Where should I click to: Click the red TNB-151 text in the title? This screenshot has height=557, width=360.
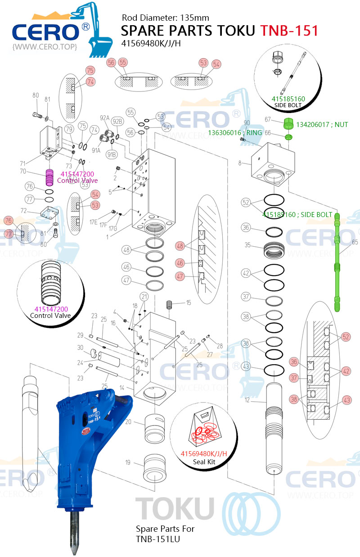(x=289, y=31)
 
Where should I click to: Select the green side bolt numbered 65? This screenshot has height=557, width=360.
(x=337, y=261)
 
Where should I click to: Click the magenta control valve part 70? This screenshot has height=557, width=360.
(x=49, y=177)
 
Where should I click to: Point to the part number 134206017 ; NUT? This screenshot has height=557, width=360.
(x=322, y=124)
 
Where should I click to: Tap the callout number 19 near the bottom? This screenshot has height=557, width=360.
(x=128, y=462)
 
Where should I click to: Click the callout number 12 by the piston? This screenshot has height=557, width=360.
(x=247, y=400)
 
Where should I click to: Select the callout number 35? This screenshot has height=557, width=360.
(x=247, y=245)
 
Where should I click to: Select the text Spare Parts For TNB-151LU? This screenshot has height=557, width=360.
(x=166, y=534)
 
